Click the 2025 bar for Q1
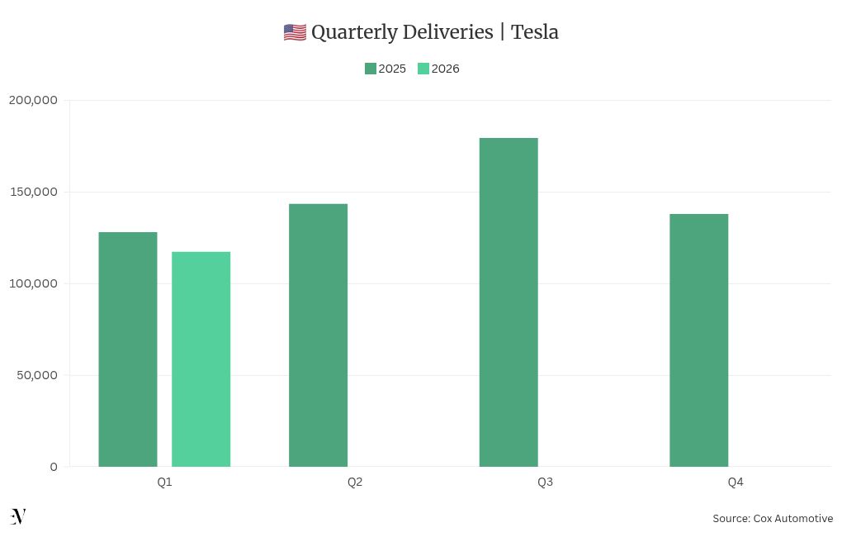(128, 349)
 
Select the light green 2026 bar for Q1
(201, 359)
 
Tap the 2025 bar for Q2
(318, 335)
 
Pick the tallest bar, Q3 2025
(509, 302)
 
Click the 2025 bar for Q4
(698, 340)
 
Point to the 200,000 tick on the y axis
(33, 100)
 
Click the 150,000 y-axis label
(33, 192)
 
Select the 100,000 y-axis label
(33, 283)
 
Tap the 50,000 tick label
(36, 375)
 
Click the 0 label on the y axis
(54, 467)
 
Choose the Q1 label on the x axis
(164, 482)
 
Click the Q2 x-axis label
(355, 482)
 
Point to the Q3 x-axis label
(545, 482)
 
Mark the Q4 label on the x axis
(736, 482)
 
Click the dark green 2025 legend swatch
(371, 69)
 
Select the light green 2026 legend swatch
(423, 69)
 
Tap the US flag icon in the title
(295, 33)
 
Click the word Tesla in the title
(535, 32)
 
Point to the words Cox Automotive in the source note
(792, 519)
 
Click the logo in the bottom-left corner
(18, 517)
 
